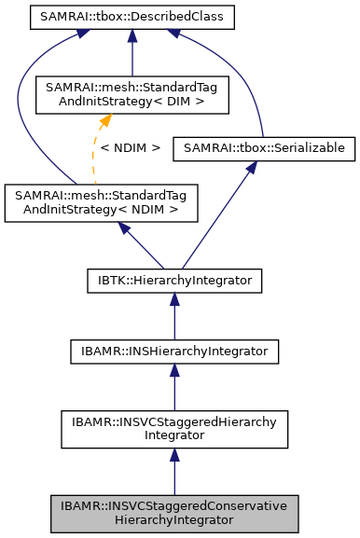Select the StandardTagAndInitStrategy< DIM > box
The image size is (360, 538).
[x=132, y=95]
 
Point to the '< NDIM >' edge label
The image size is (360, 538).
[x=131, y=147]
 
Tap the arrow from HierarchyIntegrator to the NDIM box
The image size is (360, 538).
[x=140, y=245]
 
